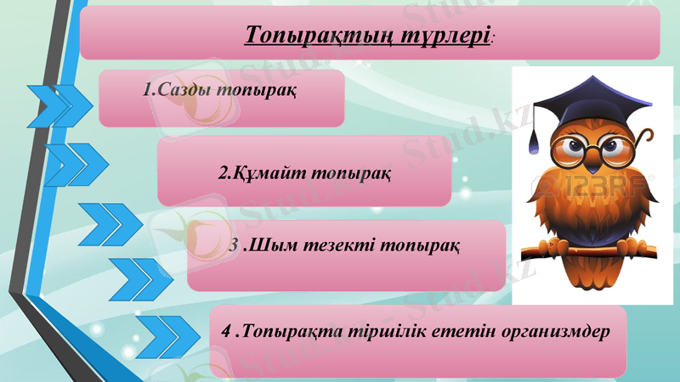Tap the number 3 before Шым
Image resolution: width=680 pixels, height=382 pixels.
235,246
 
